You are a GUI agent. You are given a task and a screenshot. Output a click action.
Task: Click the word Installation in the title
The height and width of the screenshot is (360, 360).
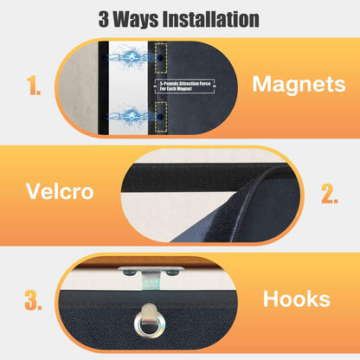(211, 19)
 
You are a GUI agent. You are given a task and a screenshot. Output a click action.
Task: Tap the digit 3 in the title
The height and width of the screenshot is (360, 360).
(104, 19)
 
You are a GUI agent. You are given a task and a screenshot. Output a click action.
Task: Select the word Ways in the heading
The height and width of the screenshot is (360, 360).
(136, 20)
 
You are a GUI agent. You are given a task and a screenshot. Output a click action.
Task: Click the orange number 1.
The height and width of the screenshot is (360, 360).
(34, 86)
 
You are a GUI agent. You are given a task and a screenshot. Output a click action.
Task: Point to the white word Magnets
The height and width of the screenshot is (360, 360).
(299, 84)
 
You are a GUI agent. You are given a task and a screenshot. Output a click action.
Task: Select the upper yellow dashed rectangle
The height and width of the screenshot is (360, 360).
(161, 58)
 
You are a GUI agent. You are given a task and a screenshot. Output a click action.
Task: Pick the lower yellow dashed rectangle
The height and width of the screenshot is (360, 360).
(161, 117)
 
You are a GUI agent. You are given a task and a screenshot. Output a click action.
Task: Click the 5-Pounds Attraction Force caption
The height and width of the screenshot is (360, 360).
(184, 86)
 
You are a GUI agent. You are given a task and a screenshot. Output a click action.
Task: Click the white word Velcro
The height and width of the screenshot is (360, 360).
(60, 191)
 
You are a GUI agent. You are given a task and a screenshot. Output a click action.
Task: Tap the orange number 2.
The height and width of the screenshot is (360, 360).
(330, 193)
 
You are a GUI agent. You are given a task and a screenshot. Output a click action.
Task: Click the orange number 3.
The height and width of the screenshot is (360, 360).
(33, 300)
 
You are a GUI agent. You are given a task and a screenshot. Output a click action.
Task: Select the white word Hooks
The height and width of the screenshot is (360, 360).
(297, 299)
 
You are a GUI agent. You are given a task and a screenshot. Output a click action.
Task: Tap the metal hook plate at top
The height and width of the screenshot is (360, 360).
(151, 271)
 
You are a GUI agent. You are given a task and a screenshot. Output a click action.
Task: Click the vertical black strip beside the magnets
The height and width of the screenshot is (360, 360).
(103, 87)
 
